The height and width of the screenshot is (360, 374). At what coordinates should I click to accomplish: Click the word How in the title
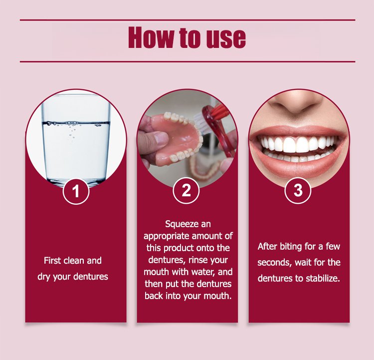(x=151, y=38)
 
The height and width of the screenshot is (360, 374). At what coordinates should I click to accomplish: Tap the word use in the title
(x=226, y=38)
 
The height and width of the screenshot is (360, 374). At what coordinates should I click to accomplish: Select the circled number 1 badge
(x=76, y=191)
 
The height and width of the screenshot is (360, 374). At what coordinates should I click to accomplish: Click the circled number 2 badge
(x=187, y=190)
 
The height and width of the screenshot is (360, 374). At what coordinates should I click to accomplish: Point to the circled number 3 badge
(x=298, y=190)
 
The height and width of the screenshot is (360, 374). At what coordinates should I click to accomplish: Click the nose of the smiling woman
(x=298, y=104)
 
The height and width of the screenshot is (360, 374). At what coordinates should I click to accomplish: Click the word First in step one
(x=52, y=260)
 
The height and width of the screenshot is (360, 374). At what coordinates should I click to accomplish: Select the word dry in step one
(x=43, y=277)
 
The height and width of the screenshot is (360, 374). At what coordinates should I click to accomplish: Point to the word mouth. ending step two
(x=218, y=296)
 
